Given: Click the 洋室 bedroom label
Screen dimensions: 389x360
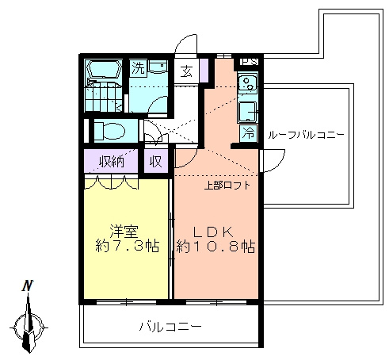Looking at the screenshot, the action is click(124, 232).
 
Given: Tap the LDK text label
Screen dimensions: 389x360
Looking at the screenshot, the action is click(214, 232).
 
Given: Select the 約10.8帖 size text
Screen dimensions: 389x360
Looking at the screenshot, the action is click(215, 247).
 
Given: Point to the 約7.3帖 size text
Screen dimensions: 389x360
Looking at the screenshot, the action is click(127, 246).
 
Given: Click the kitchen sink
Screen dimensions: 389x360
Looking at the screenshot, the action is click(247, 83).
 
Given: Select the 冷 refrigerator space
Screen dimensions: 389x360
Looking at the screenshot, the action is click(249, 133).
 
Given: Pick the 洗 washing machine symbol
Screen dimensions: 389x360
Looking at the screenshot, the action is click(138, 68).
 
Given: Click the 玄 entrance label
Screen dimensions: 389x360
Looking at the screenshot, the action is click(186, 71).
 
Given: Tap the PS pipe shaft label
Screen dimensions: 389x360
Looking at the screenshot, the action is click(250, 62).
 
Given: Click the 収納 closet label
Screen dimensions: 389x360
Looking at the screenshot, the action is click(112, 161).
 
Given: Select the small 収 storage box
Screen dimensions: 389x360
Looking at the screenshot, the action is click(156, 161).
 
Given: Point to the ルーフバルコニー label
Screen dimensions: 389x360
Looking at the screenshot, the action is click(306, 136).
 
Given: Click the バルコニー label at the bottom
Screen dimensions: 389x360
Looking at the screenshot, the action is click(170, 327).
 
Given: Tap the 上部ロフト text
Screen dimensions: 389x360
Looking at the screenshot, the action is click(227, 186).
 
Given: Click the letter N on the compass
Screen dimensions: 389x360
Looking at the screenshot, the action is click(28, 285).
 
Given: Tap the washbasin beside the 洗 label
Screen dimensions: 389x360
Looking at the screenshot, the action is click(158, 67).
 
